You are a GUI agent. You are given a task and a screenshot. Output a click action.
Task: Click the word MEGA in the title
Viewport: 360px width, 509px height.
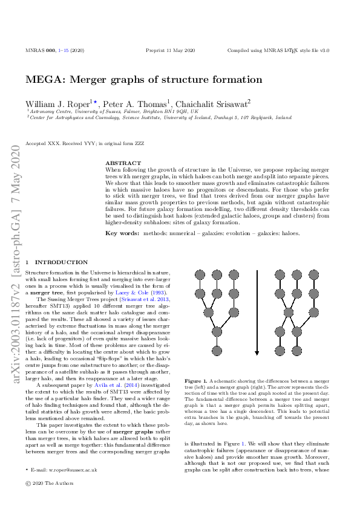point(41,80)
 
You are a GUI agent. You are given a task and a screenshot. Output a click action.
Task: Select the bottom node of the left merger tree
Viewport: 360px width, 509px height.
point(215,350)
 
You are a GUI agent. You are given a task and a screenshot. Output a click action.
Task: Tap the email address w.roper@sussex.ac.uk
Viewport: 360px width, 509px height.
point(65,470)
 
